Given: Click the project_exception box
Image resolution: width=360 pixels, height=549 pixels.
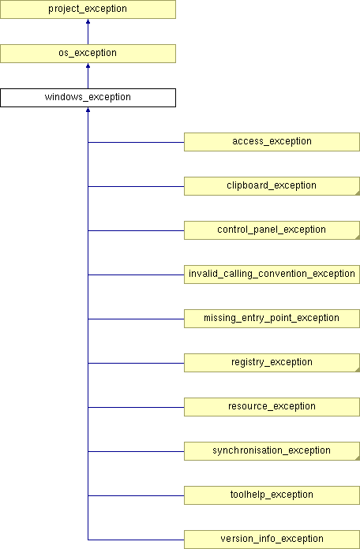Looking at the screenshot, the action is point(88,9).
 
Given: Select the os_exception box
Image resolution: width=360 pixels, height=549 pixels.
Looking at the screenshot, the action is point(88,54).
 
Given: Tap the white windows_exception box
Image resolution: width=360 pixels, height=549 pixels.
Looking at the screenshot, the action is point(88,98).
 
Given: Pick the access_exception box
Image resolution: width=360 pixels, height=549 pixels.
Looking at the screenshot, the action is point(272,142).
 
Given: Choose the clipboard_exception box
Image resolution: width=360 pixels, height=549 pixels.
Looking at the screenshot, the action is point(272,186).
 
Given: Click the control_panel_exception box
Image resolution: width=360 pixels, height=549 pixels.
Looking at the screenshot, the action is point(272,230).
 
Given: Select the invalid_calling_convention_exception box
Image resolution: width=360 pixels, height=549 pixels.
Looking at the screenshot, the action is point(272,274).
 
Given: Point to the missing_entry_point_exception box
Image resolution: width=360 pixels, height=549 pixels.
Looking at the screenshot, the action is point(272,318).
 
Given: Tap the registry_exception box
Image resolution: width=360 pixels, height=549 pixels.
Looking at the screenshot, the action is point(272,362).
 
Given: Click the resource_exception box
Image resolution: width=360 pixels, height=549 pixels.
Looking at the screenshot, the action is point(272,406).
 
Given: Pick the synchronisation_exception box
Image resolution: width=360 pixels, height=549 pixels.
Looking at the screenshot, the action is point(272,450).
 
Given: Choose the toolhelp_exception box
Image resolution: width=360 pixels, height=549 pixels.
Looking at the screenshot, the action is point(272,495).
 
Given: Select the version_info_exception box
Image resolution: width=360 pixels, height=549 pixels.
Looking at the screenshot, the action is point(272,540).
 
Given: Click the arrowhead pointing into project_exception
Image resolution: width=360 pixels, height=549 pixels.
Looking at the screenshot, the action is point(88,21).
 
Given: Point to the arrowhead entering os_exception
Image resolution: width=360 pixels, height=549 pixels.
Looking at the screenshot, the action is point(88,65).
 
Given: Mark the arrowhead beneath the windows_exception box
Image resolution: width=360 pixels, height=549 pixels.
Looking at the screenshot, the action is point(88,110).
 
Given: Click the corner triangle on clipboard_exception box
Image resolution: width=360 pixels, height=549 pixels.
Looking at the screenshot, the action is point(358,193).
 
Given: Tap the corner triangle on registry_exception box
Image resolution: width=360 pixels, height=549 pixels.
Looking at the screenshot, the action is point(358,369).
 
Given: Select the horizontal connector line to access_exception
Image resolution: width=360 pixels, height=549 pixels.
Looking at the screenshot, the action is point(136,143).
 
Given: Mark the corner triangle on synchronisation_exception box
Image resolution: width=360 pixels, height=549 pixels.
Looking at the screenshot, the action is point(358,458).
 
